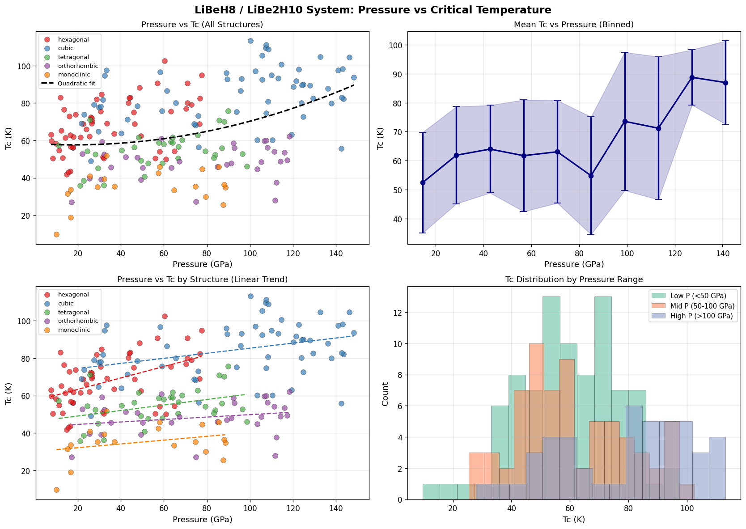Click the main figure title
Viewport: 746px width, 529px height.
pyautogui.click(x=373, y=10)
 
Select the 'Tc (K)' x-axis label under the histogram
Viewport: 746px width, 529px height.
pyautogui.click(x=574, y=520)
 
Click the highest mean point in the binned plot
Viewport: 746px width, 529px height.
pyautogui.click(x=692, y=77)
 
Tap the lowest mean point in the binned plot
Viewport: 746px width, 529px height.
pyautogui.click(x=423, y=182)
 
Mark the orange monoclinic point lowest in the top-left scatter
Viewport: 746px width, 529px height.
pyautogui.click(x=56, y=234)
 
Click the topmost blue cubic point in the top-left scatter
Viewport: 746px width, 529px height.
pyautogui.click(x=250, y=41)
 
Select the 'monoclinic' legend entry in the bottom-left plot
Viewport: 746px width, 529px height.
pyautogui.click(x=74, y=330)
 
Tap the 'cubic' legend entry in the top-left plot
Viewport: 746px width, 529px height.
pyautogui.click(x=66, y=48)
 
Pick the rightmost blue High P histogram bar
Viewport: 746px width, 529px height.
pyautogui.click(x=717, y=468)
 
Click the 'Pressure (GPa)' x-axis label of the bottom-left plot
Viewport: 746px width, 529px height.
pyautogui.click(x=202, y=520)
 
